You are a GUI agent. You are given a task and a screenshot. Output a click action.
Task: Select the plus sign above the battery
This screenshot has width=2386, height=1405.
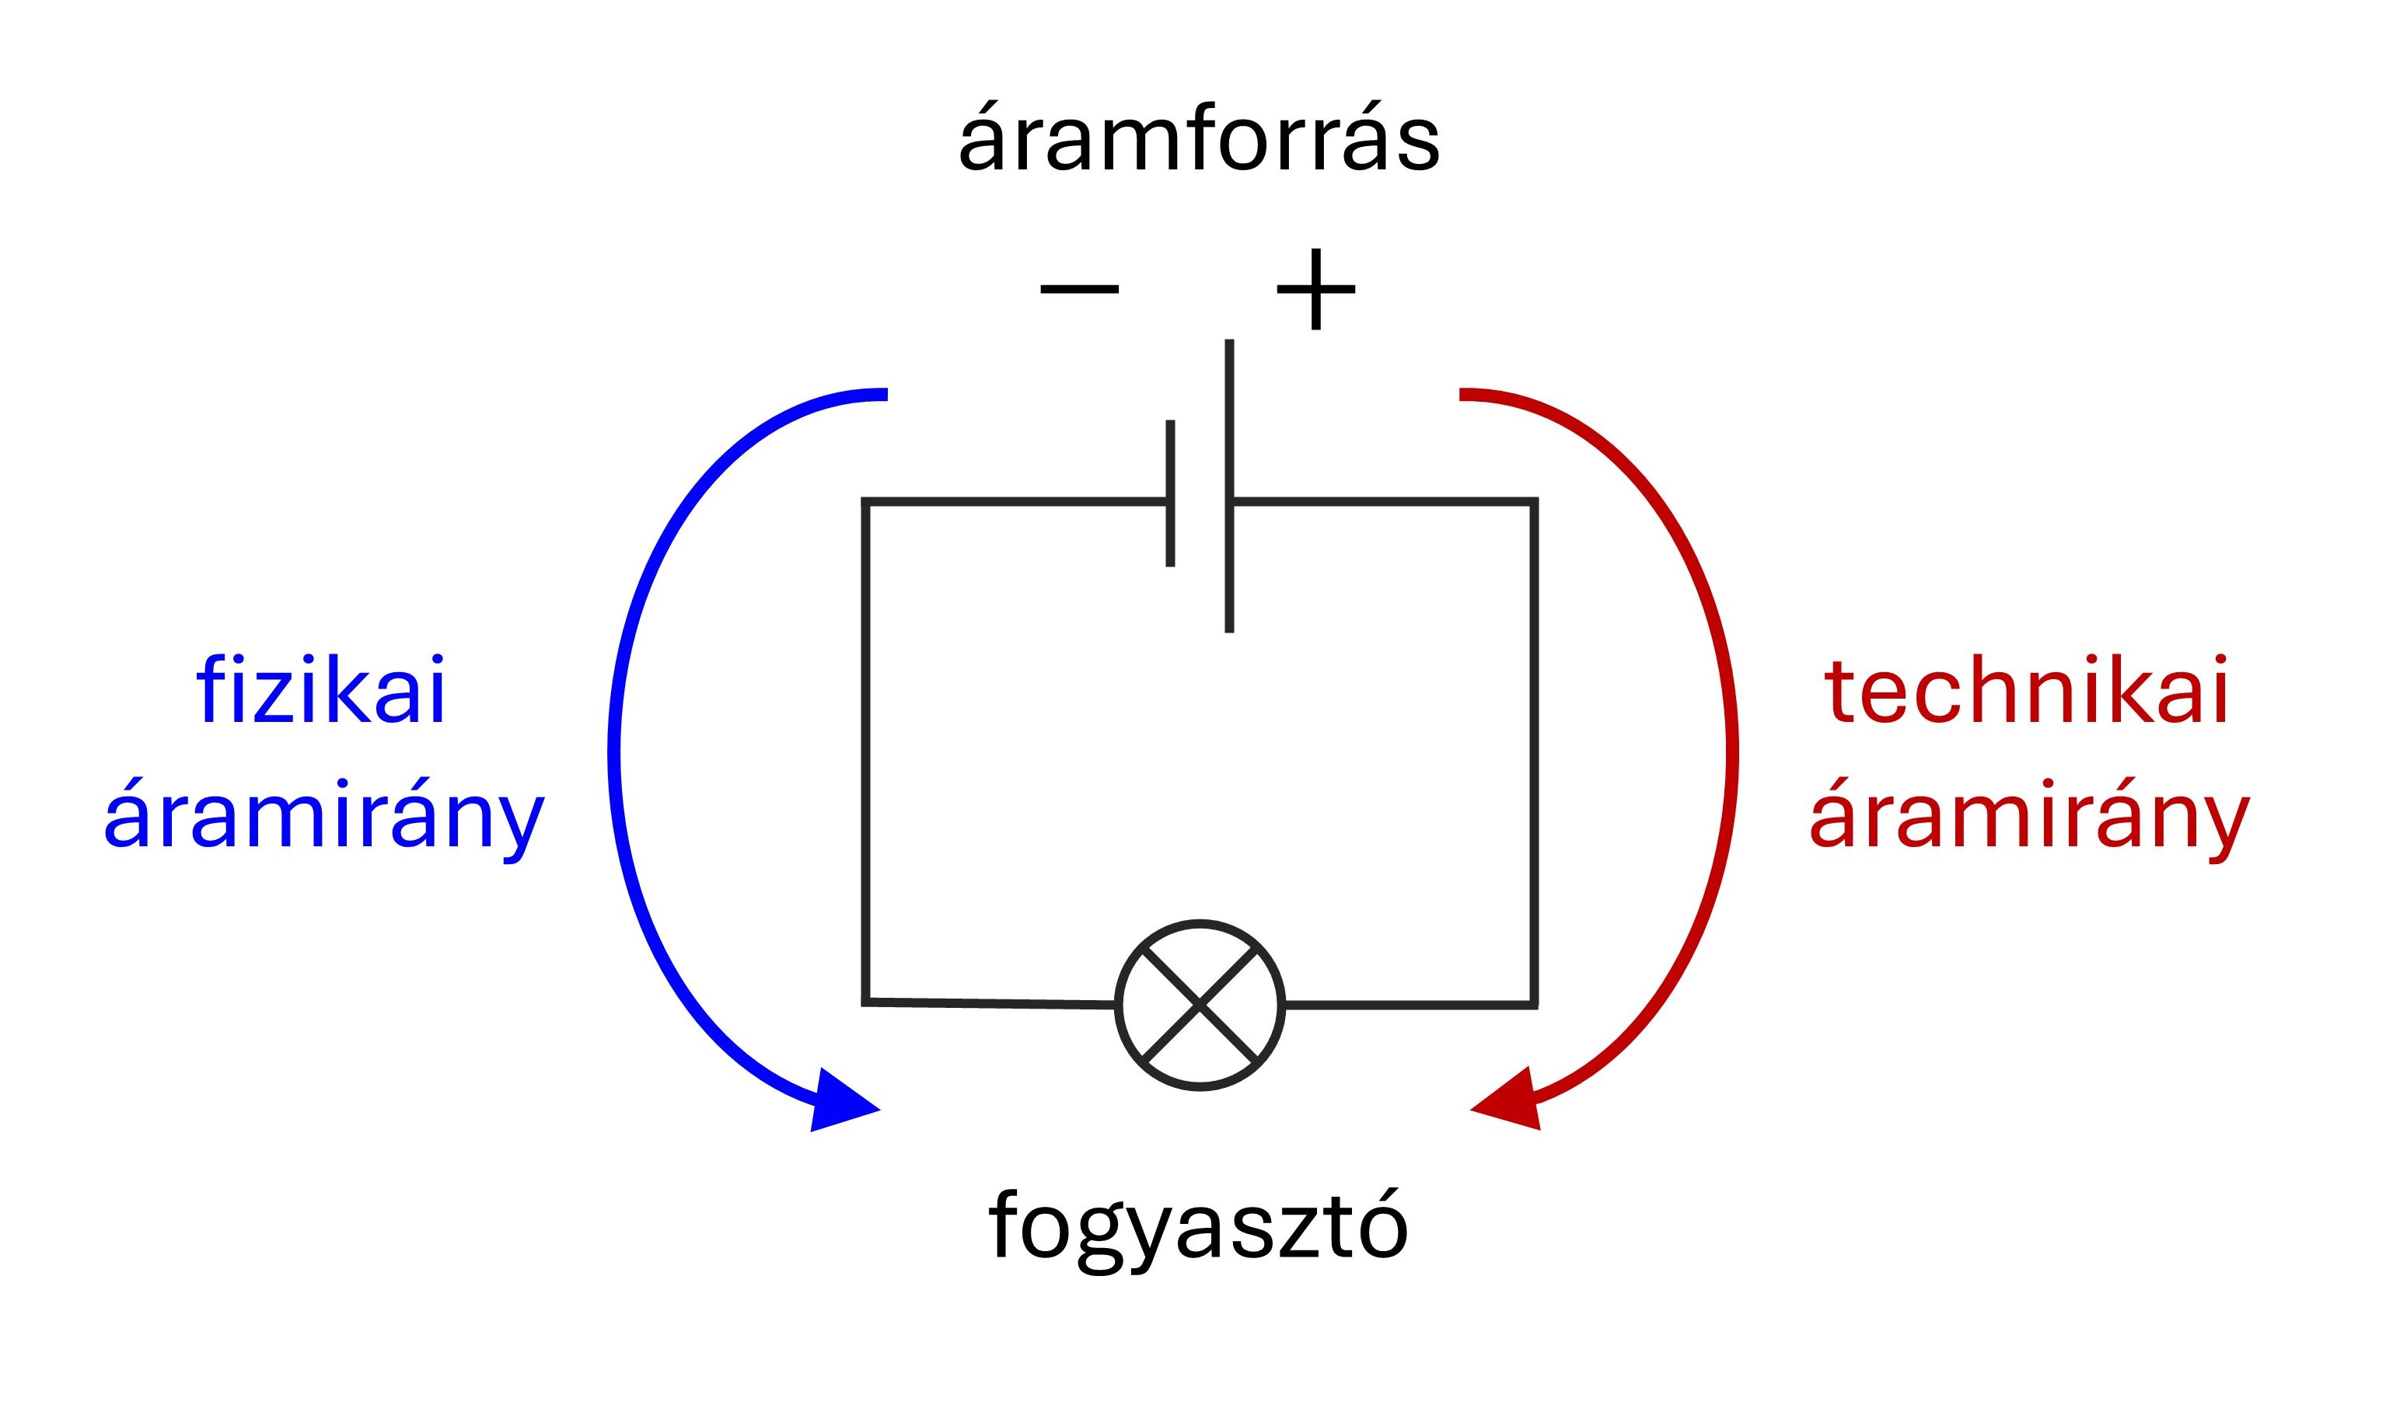(1315, 289)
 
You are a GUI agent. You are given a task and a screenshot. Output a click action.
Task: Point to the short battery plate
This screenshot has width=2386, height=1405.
(1171, 493)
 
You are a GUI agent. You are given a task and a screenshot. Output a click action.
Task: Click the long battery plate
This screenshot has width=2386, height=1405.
(1229, 486)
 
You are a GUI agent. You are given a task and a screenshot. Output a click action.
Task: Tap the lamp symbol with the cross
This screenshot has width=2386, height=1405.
(1200, 1005)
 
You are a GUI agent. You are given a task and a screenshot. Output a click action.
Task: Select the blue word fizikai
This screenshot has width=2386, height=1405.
(320, 689)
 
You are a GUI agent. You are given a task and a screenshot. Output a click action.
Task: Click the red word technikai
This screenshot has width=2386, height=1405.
(2027, 689)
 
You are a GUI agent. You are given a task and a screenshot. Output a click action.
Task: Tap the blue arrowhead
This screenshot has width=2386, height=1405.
(841, 1101)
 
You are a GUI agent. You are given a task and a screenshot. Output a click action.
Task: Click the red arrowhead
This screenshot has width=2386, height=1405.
(1510, 1100)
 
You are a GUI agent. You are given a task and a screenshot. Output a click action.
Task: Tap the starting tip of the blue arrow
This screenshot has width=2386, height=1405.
(886, 394)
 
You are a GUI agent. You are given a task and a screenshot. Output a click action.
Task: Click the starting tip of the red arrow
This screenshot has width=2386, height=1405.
(1461, 394)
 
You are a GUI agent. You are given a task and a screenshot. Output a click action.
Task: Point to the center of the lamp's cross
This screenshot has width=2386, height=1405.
(1200, 1005)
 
